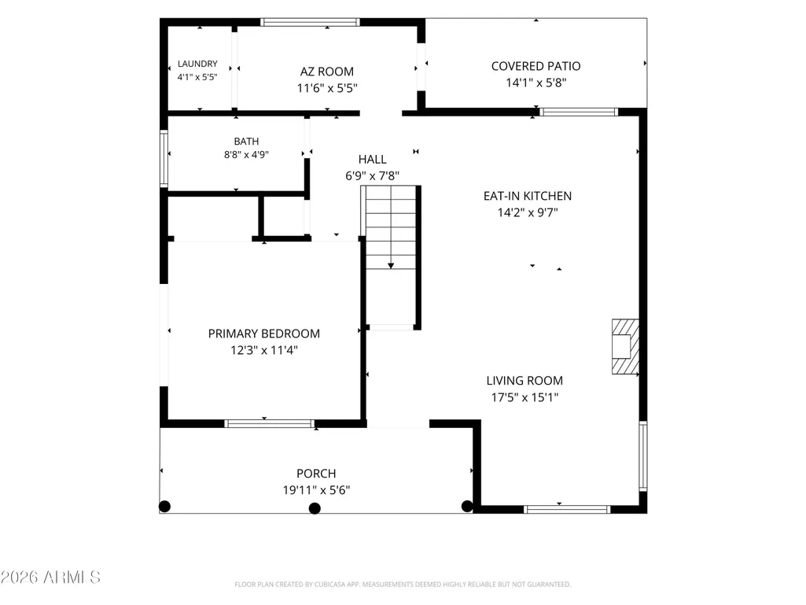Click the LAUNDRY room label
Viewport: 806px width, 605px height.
(x=197, y=64)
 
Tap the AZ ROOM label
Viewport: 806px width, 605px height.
(x=327, y=72)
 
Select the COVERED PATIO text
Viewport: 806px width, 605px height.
(x=535, y=66)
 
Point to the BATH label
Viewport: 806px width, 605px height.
(x=246, y=141)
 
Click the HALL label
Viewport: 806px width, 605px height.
(x=372, y=160)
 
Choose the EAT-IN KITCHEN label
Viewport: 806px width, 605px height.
(x=528, y=196)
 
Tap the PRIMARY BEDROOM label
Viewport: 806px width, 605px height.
(x=263, y=334)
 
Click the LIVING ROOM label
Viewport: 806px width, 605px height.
(x=524, y=381)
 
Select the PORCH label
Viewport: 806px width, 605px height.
(x=316, y=474)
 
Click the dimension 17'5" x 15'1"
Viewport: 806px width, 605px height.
(x=524, y=397)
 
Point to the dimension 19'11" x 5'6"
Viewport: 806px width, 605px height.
(x=316, y=490)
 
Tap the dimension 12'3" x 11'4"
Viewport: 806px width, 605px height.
(x=263, y=350)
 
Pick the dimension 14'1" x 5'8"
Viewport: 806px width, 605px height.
(x=535, y=83)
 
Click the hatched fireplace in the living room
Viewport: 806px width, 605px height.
(x=625, y=347)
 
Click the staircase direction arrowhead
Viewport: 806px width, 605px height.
(x=391, y=265)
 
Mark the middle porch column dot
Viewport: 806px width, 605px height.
(x=315, y=508)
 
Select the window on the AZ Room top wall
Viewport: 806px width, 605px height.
(x=310, y=22)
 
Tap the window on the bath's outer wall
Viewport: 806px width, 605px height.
(x=164, y=158)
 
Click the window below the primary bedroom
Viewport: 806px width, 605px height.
(x=270, y=424)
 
